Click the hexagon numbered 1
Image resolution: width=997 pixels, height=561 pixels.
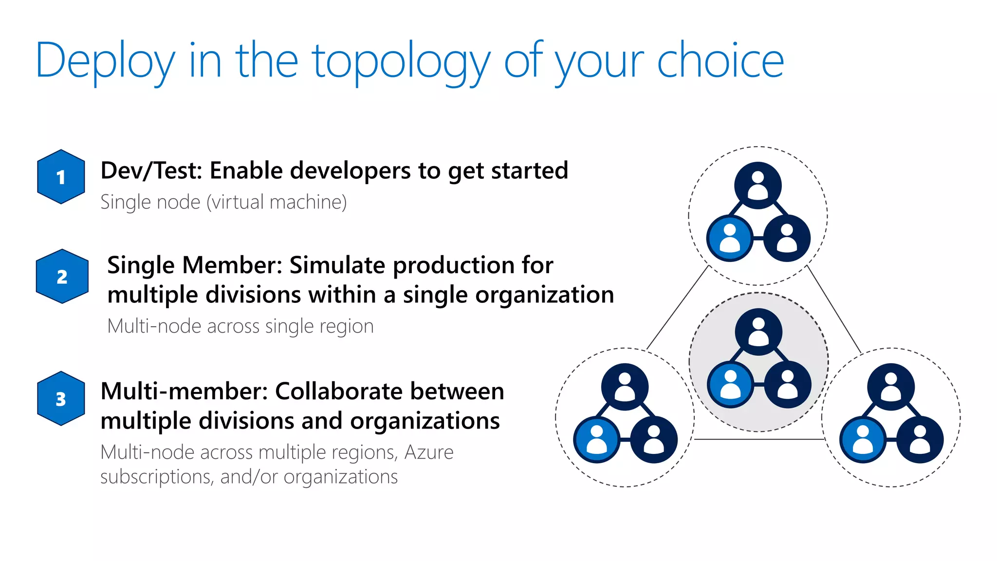coord(61,177)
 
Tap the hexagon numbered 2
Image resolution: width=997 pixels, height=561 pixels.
coord(62,277)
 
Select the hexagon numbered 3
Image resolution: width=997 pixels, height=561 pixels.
coord(61,399)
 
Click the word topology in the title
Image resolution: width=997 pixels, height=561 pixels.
coord(401,62)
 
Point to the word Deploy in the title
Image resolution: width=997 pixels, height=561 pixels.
coord(105,62)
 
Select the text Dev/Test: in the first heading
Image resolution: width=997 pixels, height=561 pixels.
coord(151,171)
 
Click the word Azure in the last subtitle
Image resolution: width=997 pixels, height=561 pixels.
coord(428,452)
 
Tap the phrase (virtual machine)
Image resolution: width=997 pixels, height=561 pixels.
coord(277,202)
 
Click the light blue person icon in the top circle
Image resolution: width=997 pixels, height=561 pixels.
coord(730,239)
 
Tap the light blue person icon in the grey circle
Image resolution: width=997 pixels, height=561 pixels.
coord(730,385)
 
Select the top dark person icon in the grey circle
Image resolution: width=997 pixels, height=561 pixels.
coord(758,332)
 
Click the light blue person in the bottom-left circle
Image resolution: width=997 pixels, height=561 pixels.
coord(597,439)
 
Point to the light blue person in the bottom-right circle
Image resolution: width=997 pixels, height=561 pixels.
coord(863,439)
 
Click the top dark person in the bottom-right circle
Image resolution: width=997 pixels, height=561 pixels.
coord(891,387)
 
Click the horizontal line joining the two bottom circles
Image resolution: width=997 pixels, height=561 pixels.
coord(758,439)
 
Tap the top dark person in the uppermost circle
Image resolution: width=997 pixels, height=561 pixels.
coord(758,186)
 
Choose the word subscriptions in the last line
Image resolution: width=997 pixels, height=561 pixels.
coord(156,477)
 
